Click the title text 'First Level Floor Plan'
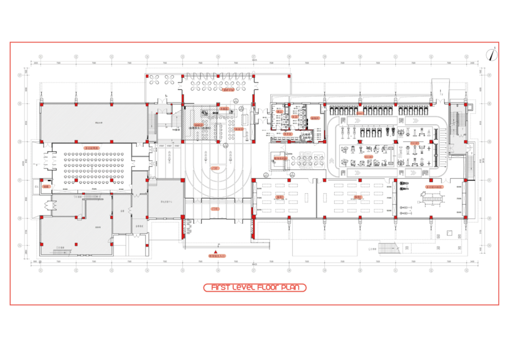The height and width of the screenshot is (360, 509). click(x=254, y=288)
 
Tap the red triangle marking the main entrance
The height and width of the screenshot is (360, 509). click(x=215, y=252)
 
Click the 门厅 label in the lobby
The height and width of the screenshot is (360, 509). click(x=215, y=168)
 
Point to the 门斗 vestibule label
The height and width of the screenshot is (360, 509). click(x=215, y=209)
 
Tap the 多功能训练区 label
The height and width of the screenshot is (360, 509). click(x=434, y=186)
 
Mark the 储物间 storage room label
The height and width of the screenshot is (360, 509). click(x=315, y=118)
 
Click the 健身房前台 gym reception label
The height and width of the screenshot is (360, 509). click(x=281, y=158)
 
